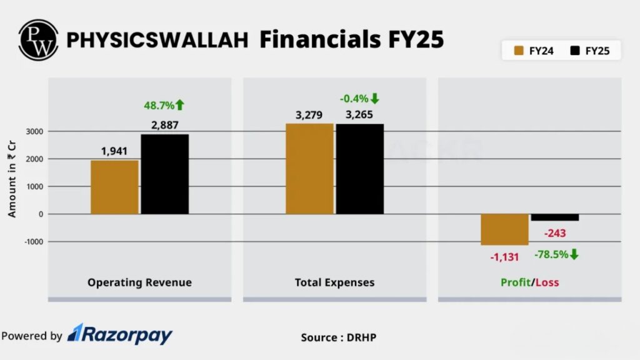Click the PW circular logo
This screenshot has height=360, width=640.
(38, 39)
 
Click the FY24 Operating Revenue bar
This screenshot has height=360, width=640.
(114, 187)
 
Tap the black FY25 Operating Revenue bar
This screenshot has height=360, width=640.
(164, 174)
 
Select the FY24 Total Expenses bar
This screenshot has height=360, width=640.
(309, 169)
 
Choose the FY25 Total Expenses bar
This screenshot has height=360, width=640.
(360, 169)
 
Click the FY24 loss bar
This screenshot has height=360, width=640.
(504, 229)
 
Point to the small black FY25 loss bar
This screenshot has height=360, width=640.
(555, 217)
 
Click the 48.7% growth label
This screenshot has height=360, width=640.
(164, 105)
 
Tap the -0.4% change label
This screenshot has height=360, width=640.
(359, 99)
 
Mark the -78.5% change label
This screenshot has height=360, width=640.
(556, 254)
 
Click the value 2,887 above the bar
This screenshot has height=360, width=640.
(164, 126)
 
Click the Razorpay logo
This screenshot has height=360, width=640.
(120, 335)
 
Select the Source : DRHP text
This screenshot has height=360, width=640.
(338, 337)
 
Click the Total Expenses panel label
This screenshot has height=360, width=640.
(334, 282)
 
